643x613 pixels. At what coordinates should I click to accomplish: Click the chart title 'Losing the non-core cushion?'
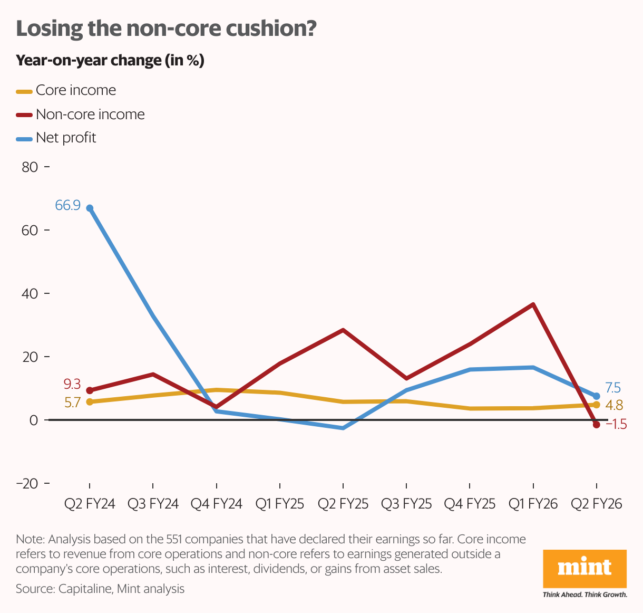(166, 28)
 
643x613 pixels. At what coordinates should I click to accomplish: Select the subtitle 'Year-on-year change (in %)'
(110, 61)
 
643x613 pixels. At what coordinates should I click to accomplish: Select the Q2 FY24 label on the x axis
(90, 504)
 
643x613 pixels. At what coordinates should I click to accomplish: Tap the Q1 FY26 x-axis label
(533, 504)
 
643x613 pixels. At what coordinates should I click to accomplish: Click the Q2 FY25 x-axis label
(343, 504)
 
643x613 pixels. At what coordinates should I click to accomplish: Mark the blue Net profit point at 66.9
(90, 208)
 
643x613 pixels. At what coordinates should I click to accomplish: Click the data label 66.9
(68, 206)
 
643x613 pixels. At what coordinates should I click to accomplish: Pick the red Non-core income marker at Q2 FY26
(596, 425)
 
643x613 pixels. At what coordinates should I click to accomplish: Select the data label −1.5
(616, 424)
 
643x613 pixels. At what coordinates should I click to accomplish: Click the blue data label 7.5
(613, 388)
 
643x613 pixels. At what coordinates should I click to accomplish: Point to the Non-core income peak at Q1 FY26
(533, 305)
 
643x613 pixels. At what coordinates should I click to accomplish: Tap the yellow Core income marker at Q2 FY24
(90, 402)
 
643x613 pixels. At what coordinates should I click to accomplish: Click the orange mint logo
(584, 569)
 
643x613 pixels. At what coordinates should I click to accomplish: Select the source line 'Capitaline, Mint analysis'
(100, 589)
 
